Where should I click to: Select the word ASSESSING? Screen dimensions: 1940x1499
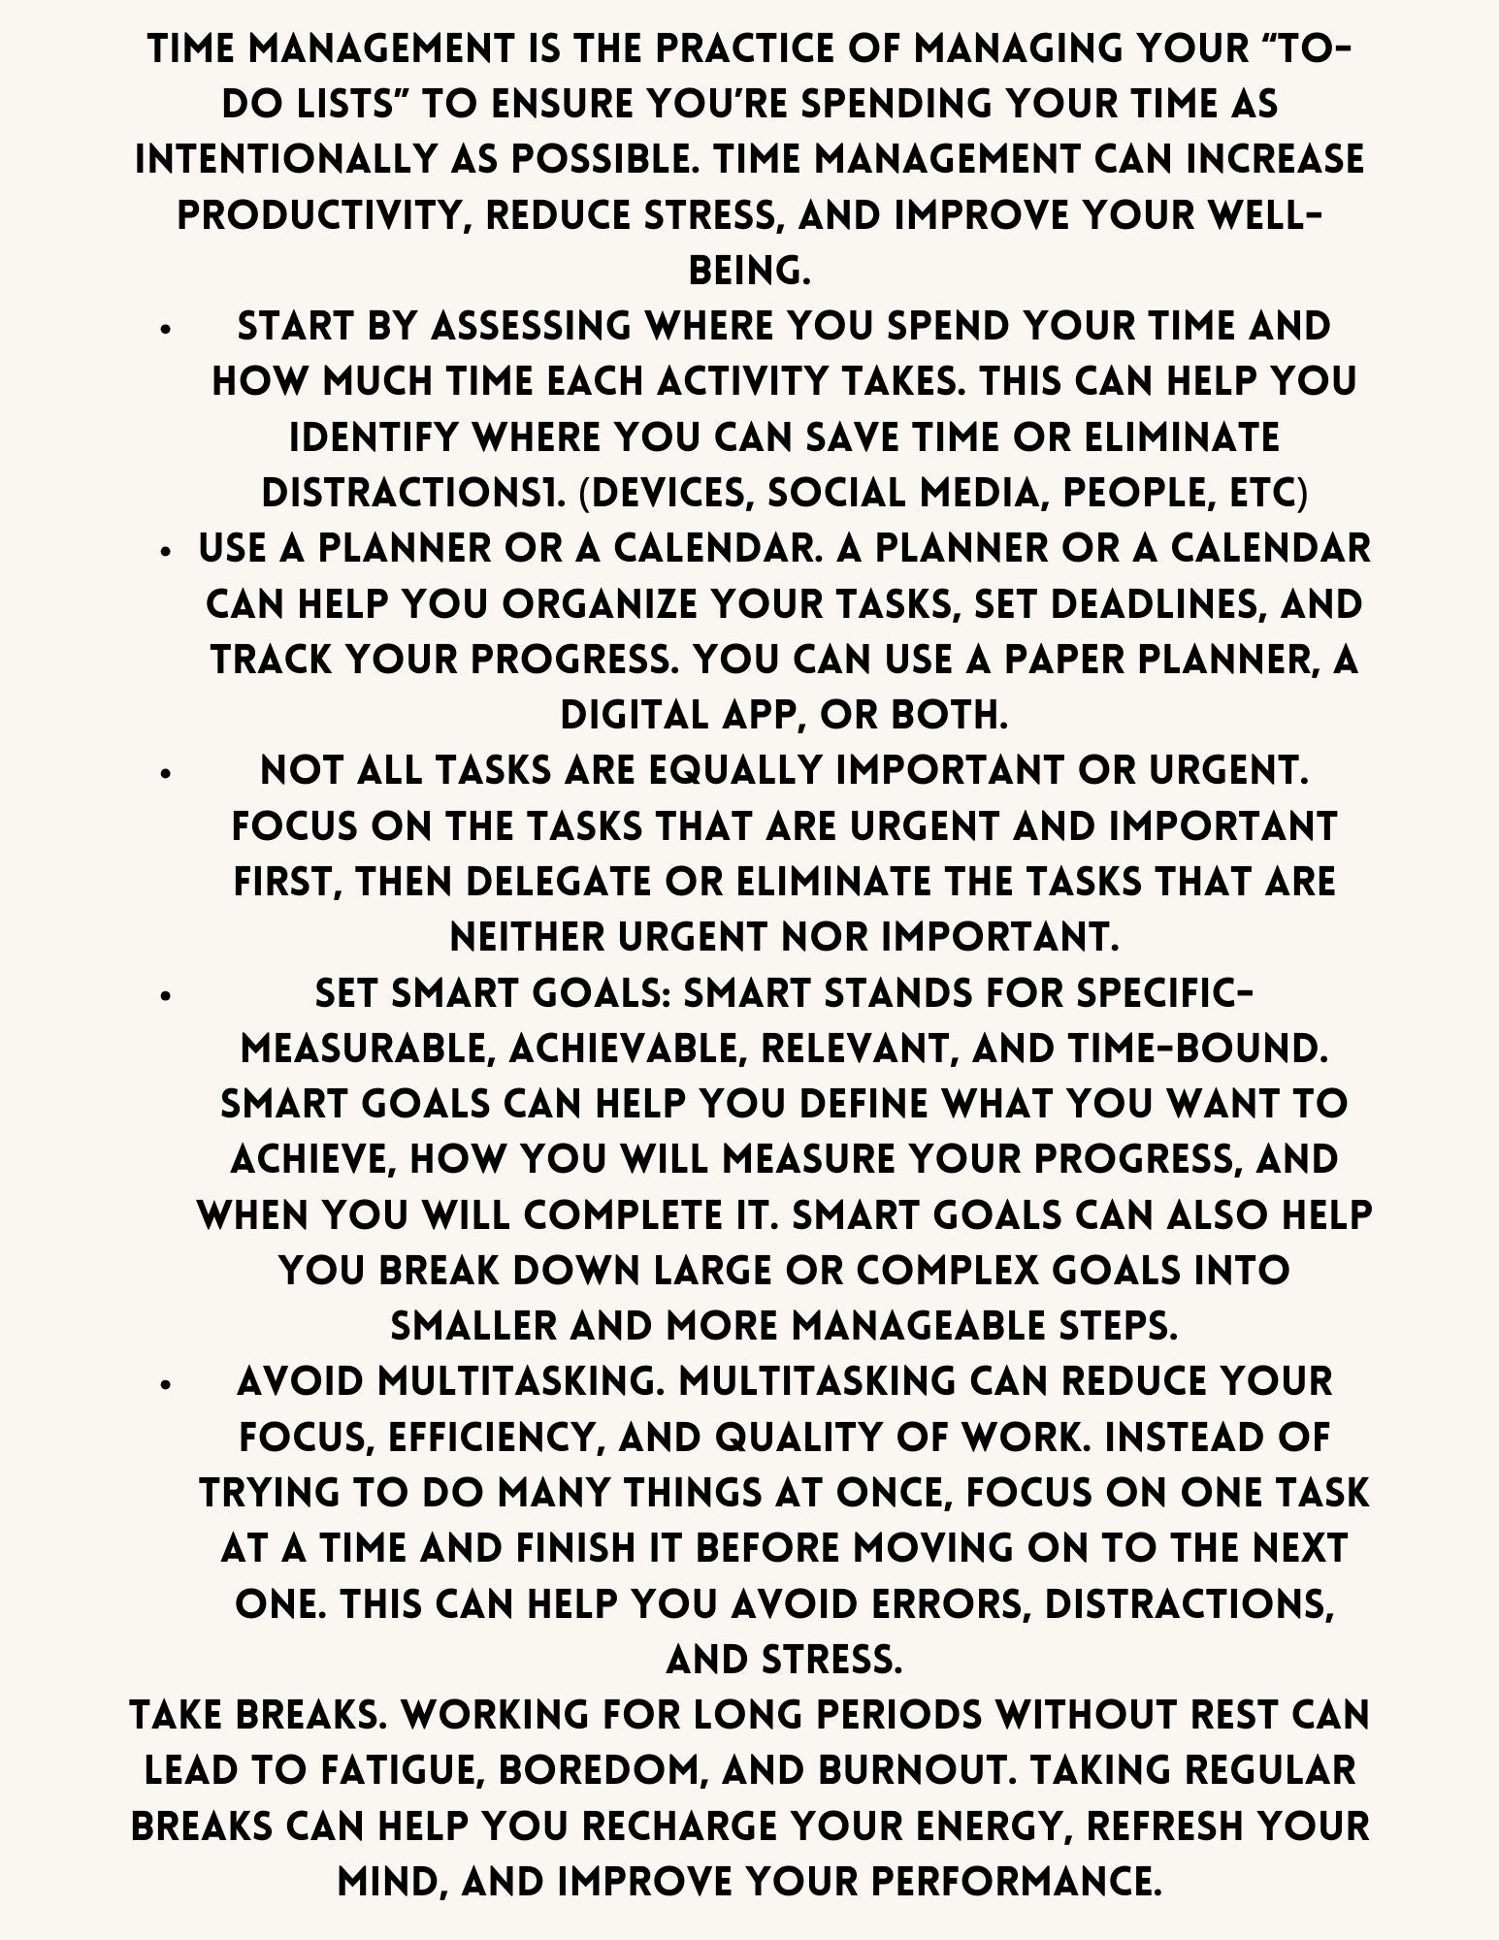(x=531, y=326)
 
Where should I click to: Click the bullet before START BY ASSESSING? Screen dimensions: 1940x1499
(x=167, y=330)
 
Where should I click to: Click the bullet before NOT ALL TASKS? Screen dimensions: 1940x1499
(x=167, y=774)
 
